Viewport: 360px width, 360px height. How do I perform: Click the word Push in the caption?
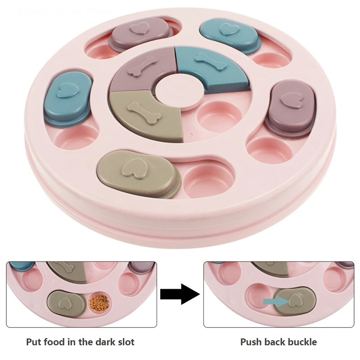click(251, 342)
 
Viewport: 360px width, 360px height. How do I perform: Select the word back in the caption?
click(274, 342)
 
